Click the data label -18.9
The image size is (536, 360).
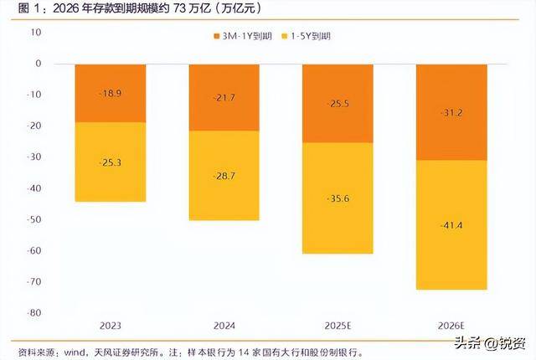(111, 94)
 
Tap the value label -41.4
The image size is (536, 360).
(451, 227)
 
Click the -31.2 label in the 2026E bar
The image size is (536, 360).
(451, 112)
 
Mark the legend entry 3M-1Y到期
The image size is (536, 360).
(247, 37)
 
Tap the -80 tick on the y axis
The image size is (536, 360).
(33, 313)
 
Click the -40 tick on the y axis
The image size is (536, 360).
(33, 188)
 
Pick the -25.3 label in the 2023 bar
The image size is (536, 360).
(111, 162)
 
